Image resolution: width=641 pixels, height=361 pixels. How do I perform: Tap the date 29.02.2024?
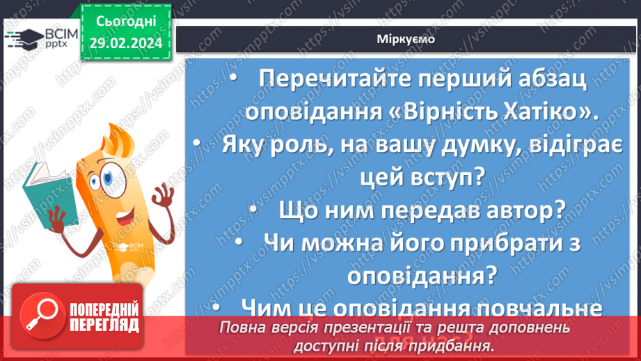point(126,43)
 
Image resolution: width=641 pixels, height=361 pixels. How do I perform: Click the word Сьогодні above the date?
point(126,20)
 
